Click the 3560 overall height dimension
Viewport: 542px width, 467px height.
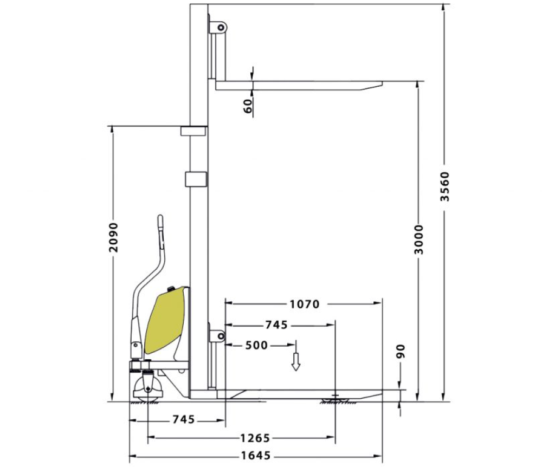(445, 186)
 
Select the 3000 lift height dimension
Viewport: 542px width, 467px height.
(418, 239)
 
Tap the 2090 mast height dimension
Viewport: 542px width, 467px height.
(113, 237)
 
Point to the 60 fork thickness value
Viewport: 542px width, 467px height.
(248, 106)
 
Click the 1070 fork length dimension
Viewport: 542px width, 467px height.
(305, 304)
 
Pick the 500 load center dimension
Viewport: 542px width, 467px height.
(256, 346)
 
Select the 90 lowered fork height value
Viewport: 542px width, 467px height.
(401, 351)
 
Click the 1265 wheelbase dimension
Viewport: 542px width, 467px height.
(255, 438)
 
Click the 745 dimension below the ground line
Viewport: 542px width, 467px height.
(184, 420)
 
